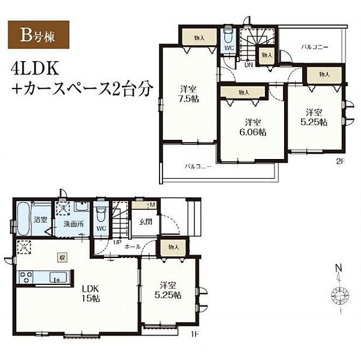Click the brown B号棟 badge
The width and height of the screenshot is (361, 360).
click(x=38, y=34)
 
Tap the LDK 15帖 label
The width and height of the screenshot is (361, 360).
click(x=91, y=293)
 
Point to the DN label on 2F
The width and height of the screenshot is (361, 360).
click(x=249, y=65)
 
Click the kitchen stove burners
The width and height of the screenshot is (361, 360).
click(x=25, y=275)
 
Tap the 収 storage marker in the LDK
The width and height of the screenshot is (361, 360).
click(x=61, y=257)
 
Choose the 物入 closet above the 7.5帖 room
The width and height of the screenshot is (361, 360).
click(x=199, y=37)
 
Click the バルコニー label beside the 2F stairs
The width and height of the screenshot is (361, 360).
click(x=314, y=45)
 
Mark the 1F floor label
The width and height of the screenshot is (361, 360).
click(x=196, y=334)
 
